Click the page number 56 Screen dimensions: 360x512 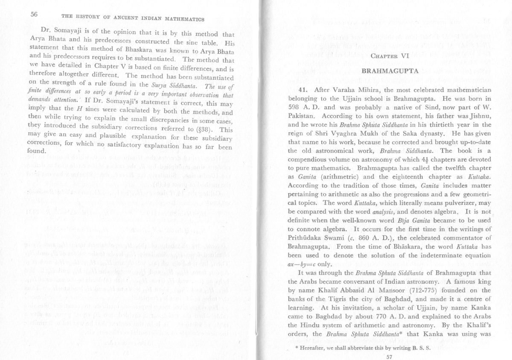coord(35,14)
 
